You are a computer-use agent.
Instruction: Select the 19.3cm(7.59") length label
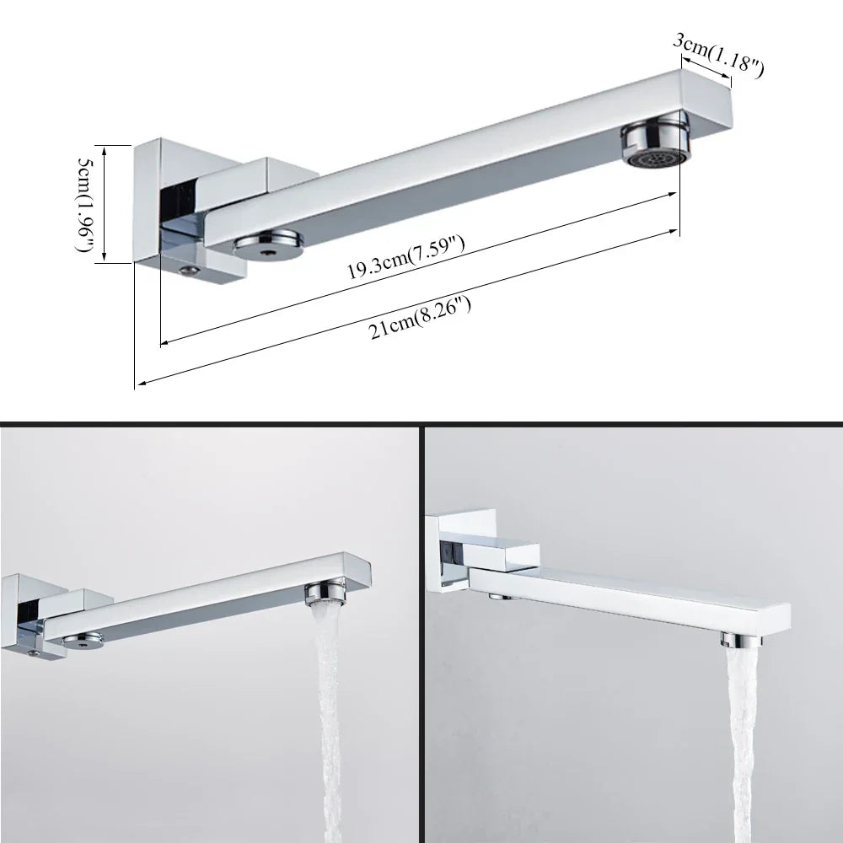point(406,260)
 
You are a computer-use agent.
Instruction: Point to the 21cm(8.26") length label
point(419,313)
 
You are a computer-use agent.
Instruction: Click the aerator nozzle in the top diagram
point(658,145)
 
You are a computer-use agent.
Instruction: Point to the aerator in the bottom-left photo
point(325,594)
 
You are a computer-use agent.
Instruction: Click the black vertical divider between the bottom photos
point(421,632)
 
